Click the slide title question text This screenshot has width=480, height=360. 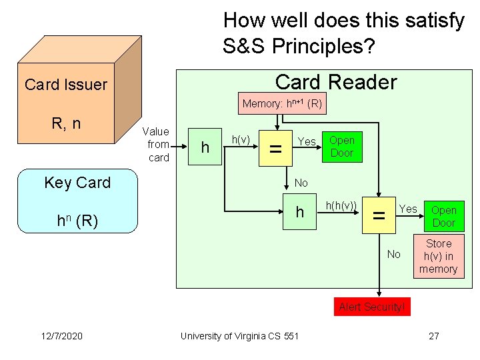(x=343, y=33)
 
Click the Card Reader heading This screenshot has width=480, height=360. (x=335, y=82)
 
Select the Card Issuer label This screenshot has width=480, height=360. (x=65, y=85)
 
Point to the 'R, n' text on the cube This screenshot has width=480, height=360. (x=67, y=123)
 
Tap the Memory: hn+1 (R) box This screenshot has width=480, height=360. (x=282, y=104)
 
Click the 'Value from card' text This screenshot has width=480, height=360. (x=158, y=145)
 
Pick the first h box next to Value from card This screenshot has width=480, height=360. (x=205, y=146)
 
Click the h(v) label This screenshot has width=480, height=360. (x=240, y=139)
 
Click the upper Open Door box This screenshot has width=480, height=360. (x=342, y=147)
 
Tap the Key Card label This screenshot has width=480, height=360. (x=77, y=183)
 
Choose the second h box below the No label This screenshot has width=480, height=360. (x=300, y=212)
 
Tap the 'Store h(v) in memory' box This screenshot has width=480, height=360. (x=438, y=257)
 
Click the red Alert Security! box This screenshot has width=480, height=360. (x=372, y=307)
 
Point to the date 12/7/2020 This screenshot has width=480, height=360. (x=60, y=336)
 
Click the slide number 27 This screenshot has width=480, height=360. (x=434, y=336)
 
